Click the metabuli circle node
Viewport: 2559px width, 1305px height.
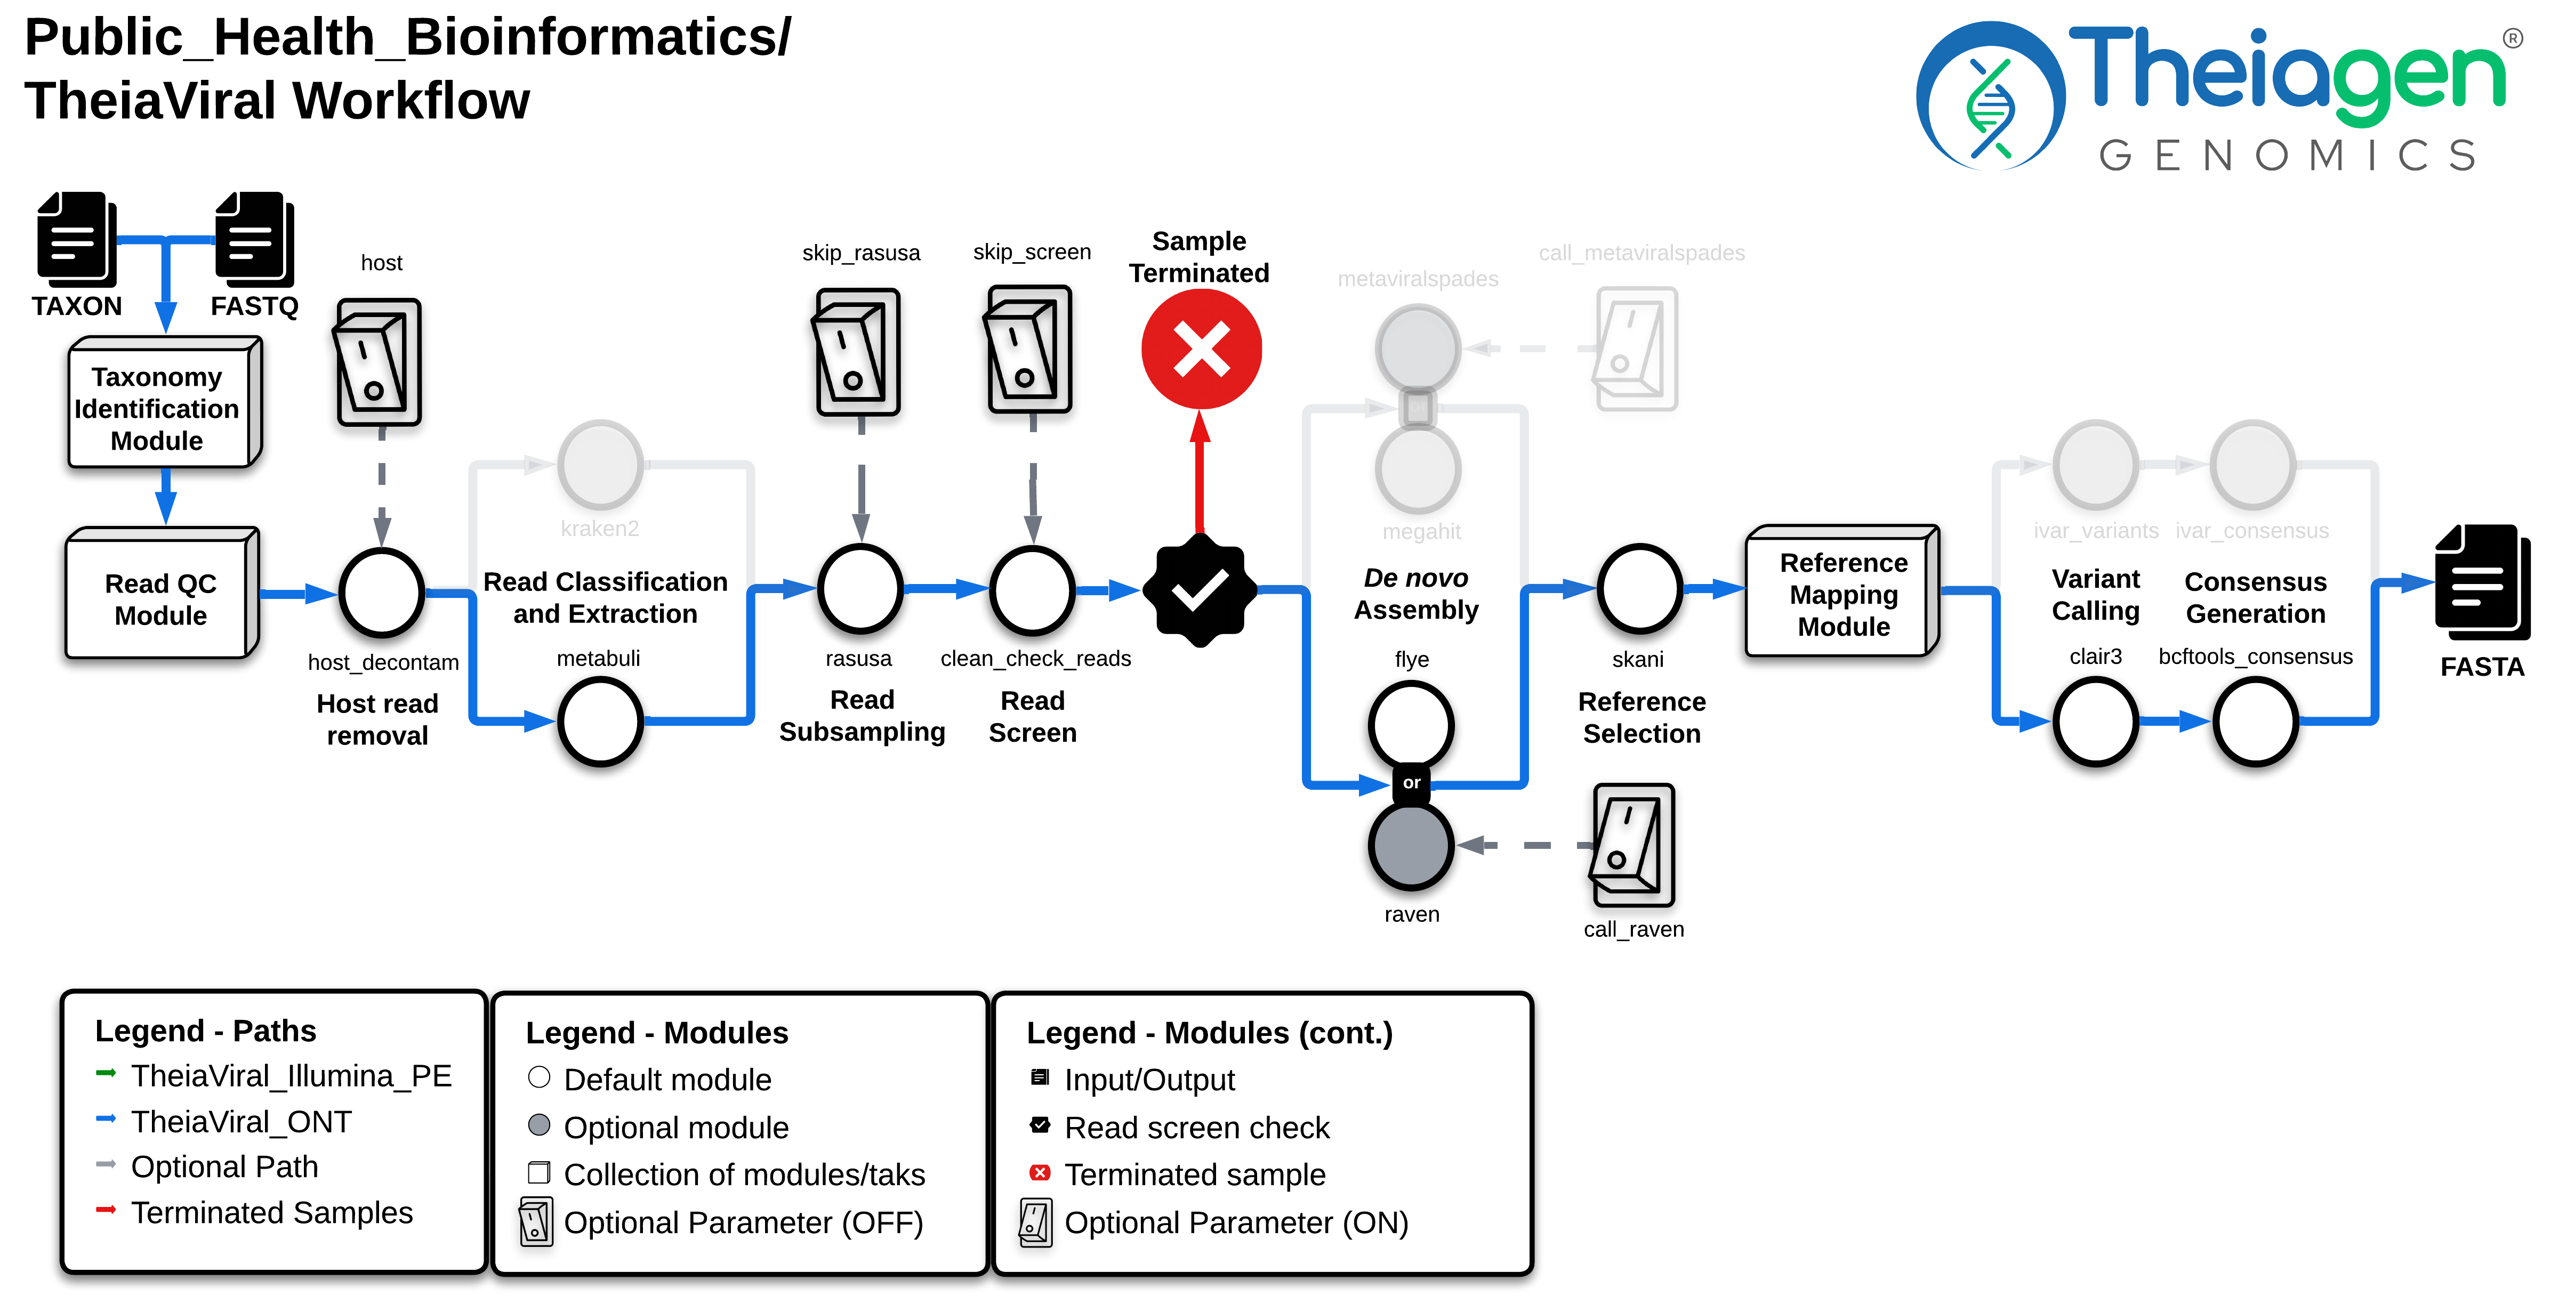(600, 721)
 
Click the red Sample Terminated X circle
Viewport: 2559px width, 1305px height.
(1201, 348)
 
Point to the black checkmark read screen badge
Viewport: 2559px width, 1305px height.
(1200, 590)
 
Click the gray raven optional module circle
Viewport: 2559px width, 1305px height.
(1411, 846)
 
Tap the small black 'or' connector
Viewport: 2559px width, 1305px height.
(1411, 783)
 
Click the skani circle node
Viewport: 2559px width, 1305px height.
(1639, 589)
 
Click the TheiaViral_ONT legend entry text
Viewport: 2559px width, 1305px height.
(242, 1121)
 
